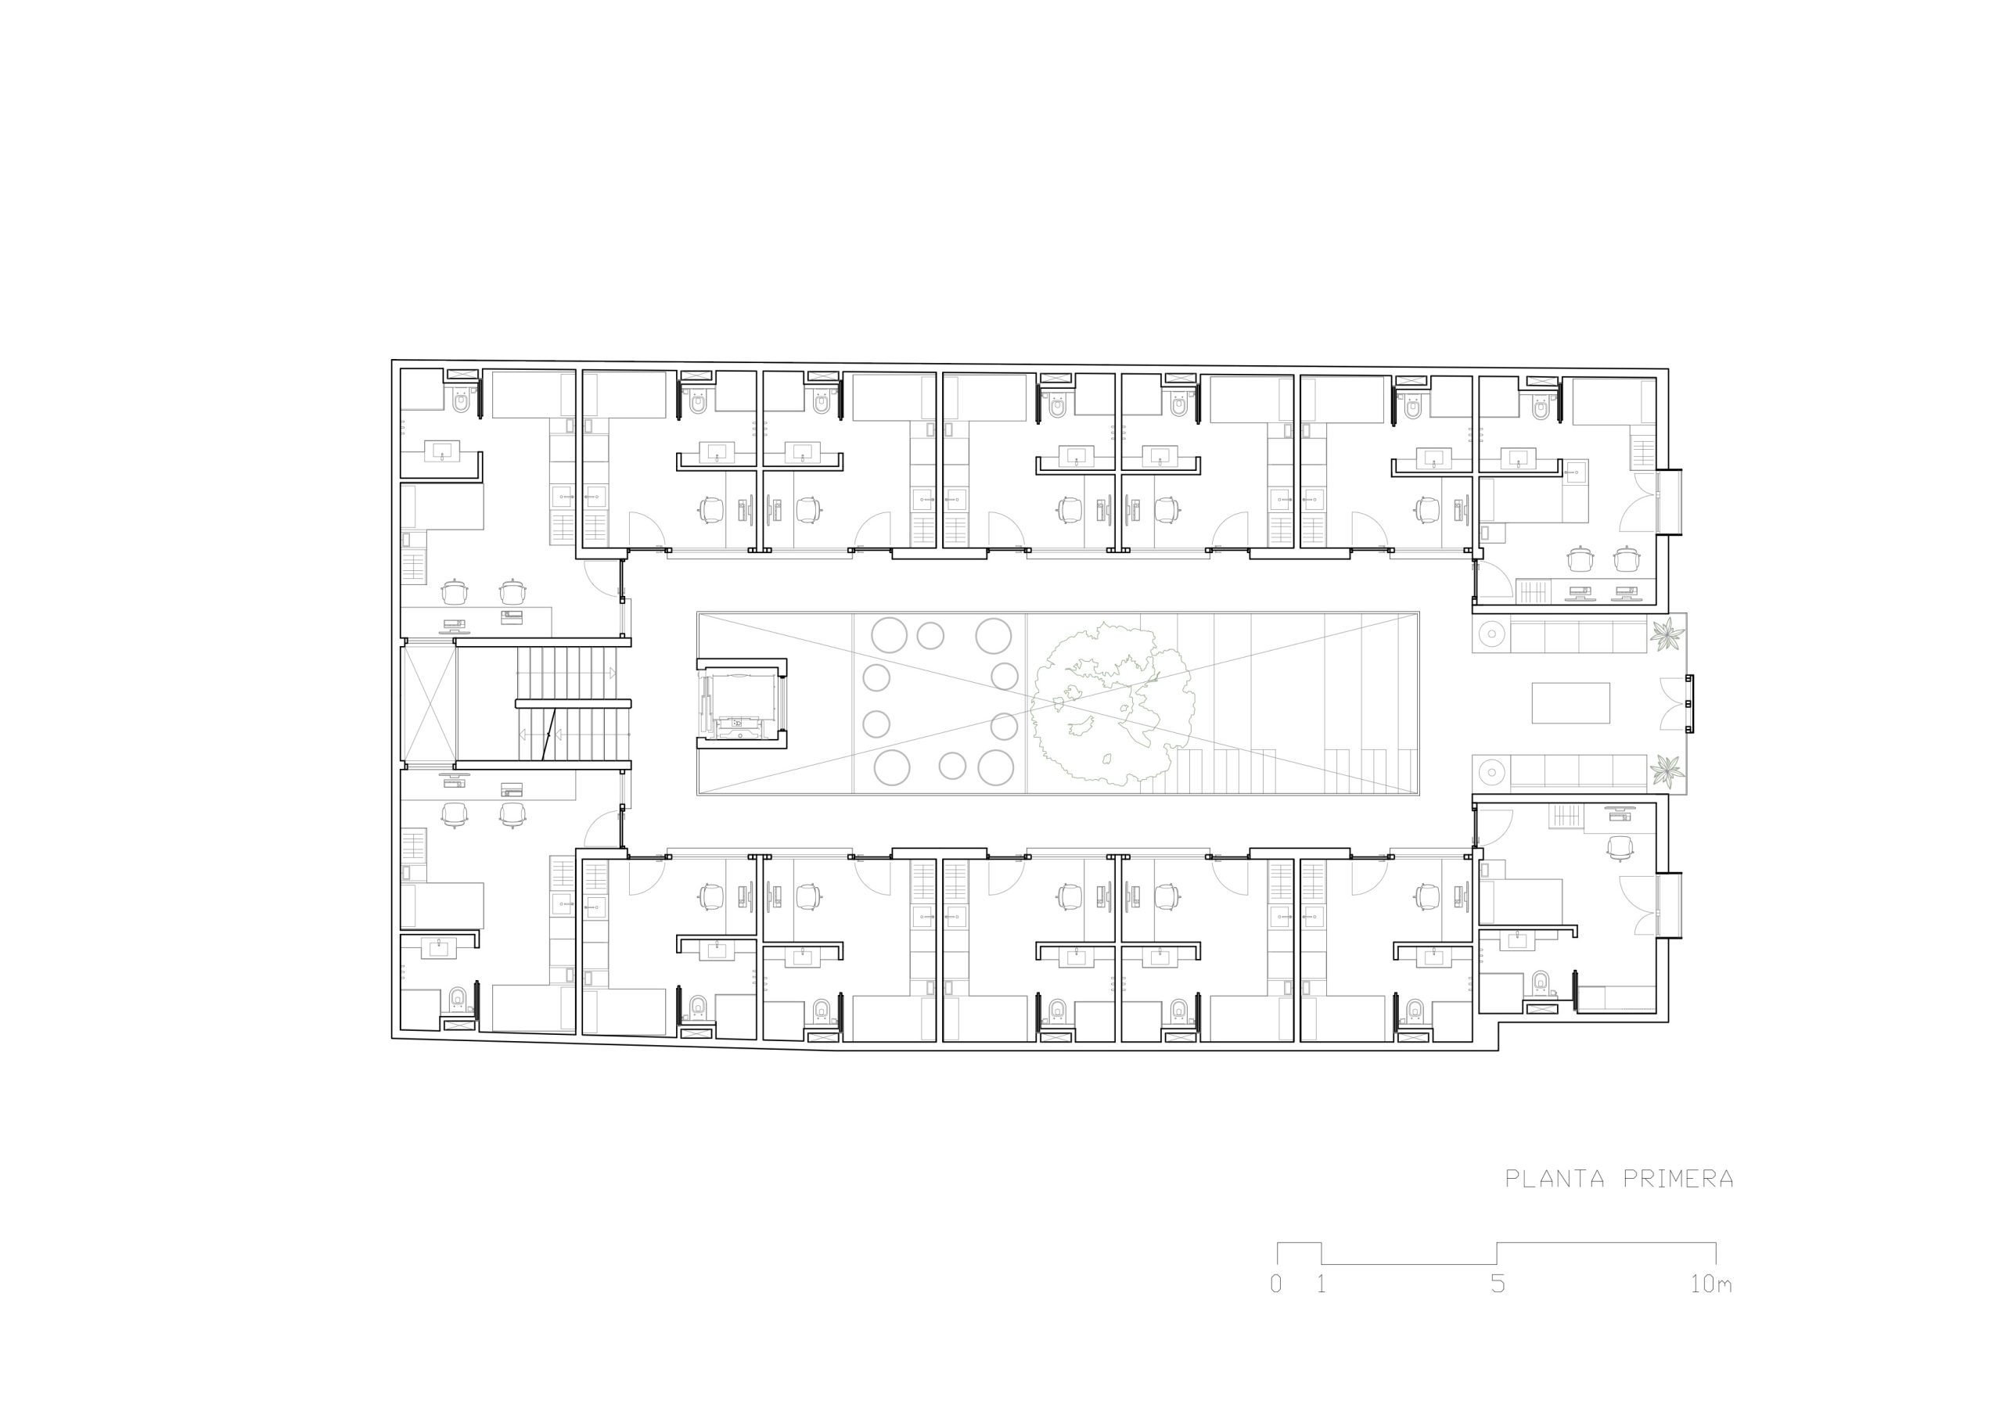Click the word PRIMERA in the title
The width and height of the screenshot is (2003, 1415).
(x=1678, y=1179)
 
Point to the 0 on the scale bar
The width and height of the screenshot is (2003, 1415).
(x=1276, y=1284)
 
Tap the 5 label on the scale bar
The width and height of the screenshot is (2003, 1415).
(x=1498, y=1284)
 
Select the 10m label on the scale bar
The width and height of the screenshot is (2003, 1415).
(x=1710, y=1284)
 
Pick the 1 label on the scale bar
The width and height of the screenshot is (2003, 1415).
(x=1322, y=1284)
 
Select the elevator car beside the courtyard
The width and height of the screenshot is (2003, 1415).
(x=741, y=704)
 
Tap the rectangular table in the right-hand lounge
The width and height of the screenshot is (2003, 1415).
(x=1571, y=703)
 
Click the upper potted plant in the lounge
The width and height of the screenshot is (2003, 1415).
(x=1667, y=634)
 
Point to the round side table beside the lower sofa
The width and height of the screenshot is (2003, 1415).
(x=1490, y=772)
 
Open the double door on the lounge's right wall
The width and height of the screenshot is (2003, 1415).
(x=1676, y=703)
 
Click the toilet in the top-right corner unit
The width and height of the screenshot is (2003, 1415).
(x=1541, y=408)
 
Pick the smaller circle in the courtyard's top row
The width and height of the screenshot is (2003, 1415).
(x=930, y=635)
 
